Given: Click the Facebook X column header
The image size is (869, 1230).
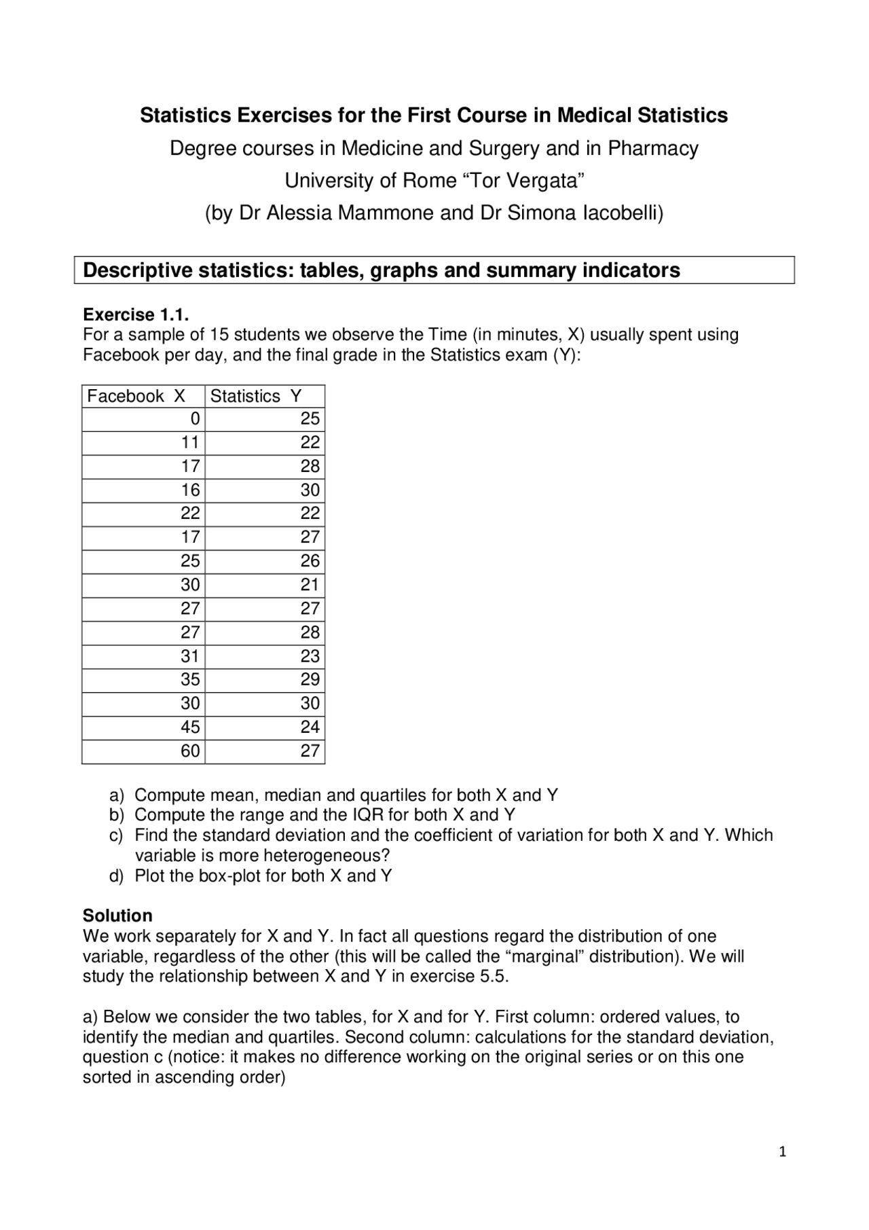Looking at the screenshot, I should tap(136, 396).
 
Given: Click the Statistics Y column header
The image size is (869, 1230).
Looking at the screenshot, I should tap(255, 396).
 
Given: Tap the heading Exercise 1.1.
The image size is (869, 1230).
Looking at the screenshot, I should tap(135, 314).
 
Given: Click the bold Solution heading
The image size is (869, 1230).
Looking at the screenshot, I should tap(117, 915).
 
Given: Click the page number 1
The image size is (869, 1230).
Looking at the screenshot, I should tap(783, 1151).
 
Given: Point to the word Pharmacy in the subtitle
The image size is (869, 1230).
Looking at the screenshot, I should tap(652, 148).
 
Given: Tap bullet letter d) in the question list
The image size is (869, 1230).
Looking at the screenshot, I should tap(117, 876).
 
